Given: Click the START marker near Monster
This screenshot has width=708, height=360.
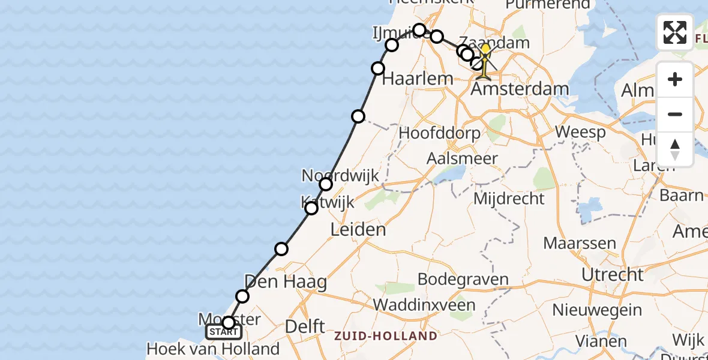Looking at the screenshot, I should tap(223, 332).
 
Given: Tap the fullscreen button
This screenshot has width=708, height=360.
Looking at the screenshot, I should tap(675, 32).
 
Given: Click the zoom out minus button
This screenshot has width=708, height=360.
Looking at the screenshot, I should tap(675, 114).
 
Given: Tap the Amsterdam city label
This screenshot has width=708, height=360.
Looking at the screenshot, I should tap(520, 89).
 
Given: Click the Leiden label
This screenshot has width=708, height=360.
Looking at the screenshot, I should tap(358, 229).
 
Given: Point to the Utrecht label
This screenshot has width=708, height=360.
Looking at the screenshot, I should tap(612, 275).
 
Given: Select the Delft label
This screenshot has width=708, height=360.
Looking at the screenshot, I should tap(305, 327).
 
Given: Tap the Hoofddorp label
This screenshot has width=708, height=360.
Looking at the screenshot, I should tap(440, 133).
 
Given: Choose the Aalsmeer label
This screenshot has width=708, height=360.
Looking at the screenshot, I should tap(461, 159).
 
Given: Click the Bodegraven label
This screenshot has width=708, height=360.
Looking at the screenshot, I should tap(463, 279).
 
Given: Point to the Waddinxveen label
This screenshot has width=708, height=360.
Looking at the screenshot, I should tap(424, 304).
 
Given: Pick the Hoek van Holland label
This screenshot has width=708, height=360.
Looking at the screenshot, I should tap(213, 349).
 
